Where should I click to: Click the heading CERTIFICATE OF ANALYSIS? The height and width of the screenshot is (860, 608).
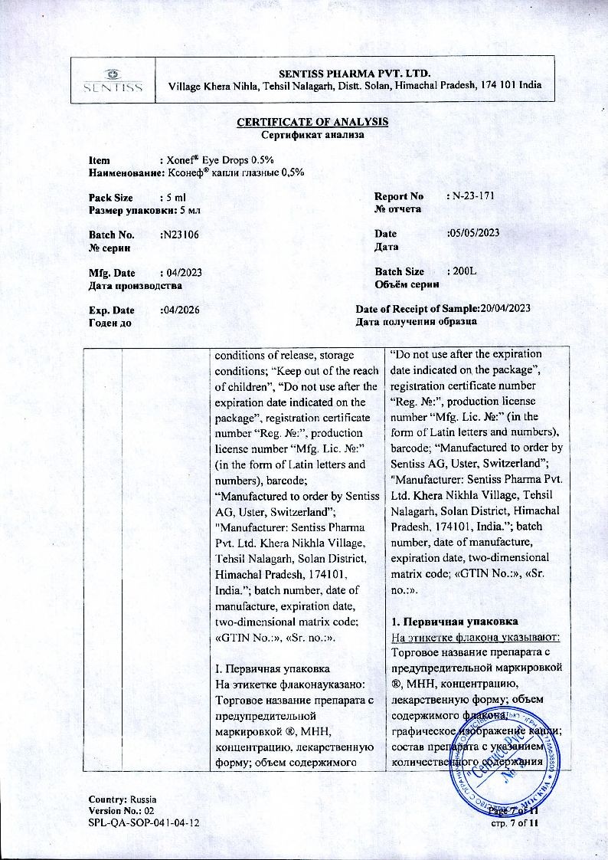tap(312, 123)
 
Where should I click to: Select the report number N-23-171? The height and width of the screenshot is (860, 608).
tap(473, 196)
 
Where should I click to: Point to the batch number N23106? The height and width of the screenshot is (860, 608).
tap(181, 235)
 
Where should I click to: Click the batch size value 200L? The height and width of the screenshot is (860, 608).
tap(461, 272)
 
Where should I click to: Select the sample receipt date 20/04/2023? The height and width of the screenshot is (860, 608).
tap(505, 308)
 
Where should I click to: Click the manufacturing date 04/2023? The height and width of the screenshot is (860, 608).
tap(184, 273)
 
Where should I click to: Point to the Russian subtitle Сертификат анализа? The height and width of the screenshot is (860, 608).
tap(312, 135)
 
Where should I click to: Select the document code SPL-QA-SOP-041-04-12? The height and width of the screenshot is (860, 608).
tap(145, 822)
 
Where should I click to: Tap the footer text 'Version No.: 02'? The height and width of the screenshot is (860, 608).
tap(122, 810)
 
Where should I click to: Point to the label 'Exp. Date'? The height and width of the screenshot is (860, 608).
tap(112, 310)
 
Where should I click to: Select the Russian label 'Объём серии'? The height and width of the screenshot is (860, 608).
tap(407, 284)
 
